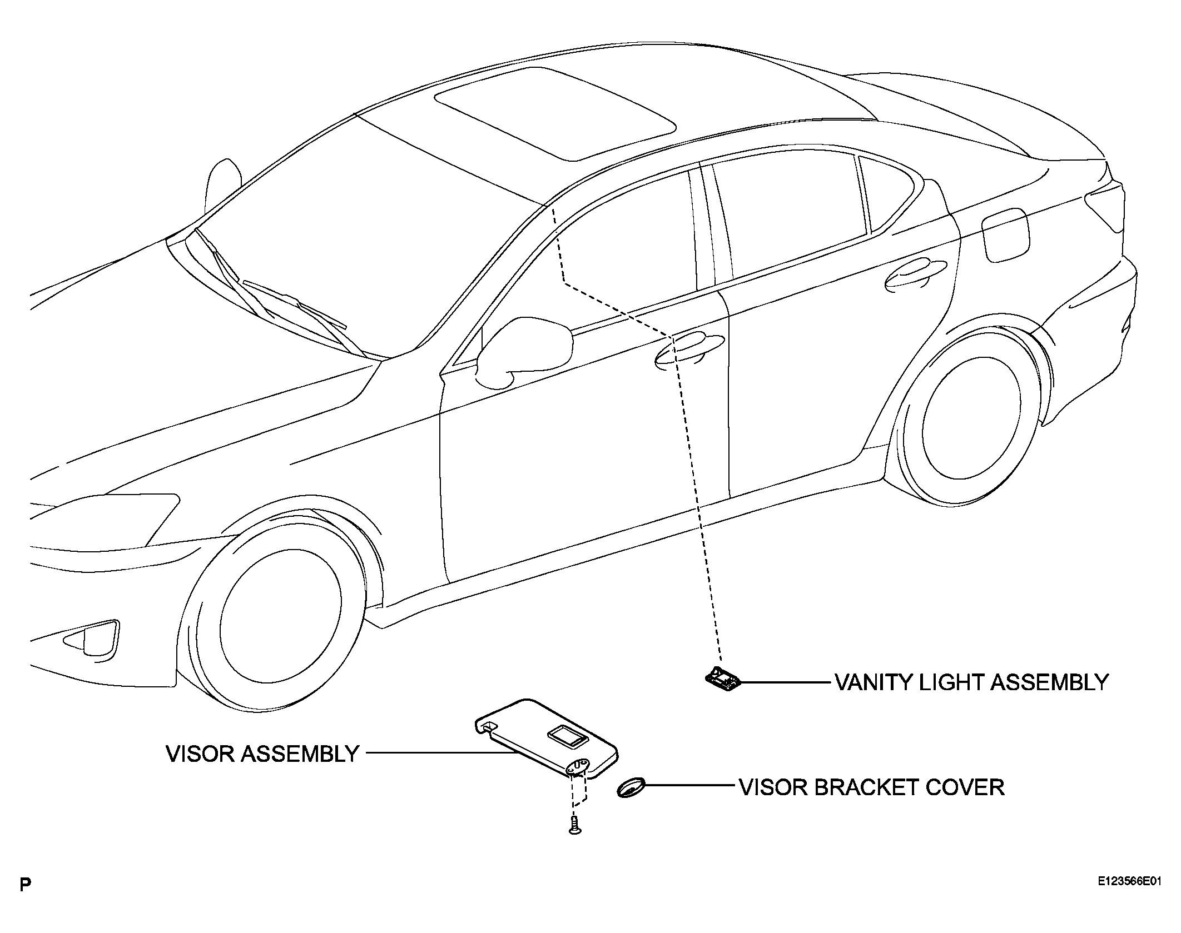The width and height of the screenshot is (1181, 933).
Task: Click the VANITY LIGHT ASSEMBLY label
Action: (971, 682)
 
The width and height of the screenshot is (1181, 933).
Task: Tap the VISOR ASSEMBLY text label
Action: (262, 754)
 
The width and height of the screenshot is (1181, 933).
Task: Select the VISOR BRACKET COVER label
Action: (871, 787)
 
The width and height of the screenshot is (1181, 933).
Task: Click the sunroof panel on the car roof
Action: (555, 113)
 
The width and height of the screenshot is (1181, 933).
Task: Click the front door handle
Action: (689, 352)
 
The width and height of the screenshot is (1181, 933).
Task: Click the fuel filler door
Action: (1006, 234)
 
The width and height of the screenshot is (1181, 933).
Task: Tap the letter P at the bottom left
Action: (24, 900)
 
